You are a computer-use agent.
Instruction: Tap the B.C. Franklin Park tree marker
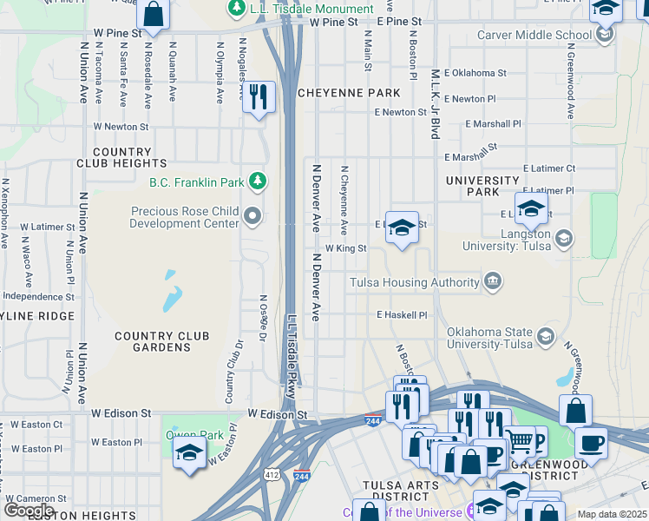[257, 181]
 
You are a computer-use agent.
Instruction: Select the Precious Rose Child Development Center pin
[252, 214]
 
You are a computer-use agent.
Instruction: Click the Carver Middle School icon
[605, 35]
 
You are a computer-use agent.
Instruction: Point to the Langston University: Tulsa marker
[563, 238]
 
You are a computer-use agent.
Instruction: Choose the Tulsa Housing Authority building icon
[493, 282]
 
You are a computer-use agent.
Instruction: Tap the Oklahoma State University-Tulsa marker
[546, 337]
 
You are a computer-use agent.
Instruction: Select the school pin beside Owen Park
[189, 452]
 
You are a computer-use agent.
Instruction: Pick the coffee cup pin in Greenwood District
[591, 442]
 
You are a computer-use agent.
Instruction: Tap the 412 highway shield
[272, 475]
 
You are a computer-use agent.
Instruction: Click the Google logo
[29, 510]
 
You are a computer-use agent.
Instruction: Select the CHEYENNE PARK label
[349, 93]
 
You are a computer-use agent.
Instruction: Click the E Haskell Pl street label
[402, 315]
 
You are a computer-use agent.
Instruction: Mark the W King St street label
[346, 248]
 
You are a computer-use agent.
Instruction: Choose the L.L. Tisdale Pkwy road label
[292, 356]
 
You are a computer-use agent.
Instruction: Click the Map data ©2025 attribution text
[611, 514]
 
